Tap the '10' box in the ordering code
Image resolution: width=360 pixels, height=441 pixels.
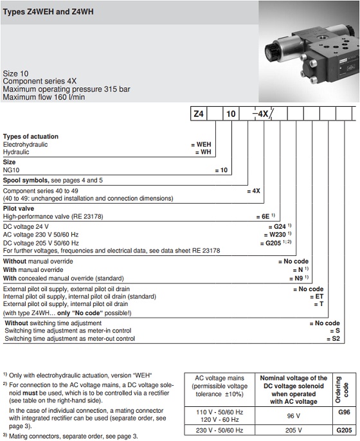click(x=230, y=114)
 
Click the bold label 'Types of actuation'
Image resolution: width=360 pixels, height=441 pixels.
click(x=30, y=137)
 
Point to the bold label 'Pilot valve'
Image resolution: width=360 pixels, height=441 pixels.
click(x=19, y=209)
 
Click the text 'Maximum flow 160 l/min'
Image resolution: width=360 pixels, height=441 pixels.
click(x=46, y=97)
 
